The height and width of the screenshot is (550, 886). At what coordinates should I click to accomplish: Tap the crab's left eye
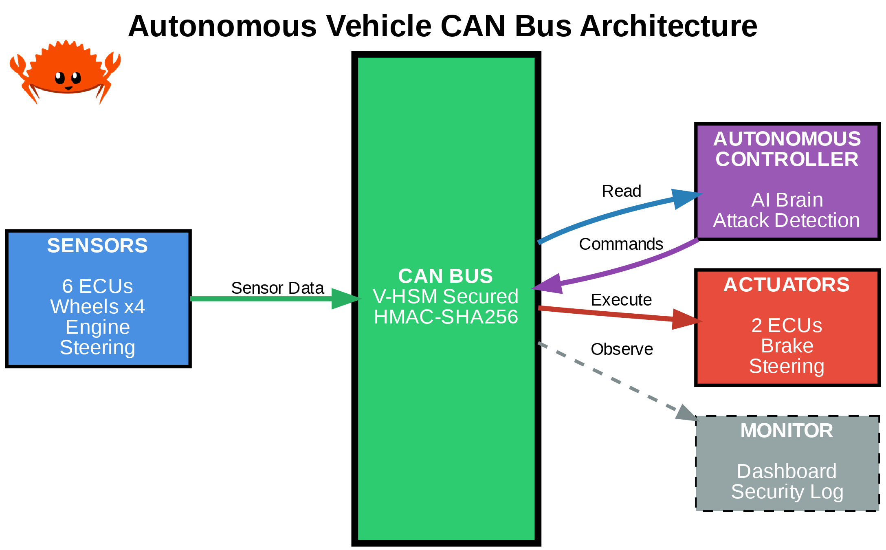[60, 77]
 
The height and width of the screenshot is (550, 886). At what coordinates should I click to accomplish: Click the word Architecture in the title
[668, 26]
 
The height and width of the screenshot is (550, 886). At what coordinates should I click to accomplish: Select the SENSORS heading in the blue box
[97, 246]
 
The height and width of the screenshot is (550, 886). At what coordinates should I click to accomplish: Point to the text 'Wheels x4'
[97, 306]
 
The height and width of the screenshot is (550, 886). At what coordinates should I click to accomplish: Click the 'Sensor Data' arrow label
[277, 288]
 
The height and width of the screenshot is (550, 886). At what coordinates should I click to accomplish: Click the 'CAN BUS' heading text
[446, 276]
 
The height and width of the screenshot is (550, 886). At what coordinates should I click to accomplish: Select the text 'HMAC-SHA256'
[446, 317]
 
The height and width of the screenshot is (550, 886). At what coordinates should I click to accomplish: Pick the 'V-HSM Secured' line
[446, 297]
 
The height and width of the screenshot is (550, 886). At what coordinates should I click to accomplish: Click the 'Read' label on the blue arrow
[622, 191]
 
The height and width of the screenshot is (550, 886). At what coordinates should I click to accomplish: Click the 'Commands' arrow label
[621, 244]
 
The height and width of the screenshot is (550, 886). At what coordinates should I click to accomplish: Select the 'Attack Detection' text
[786, 220]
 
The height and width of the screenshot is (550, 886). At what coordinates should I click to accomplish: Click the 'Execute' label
[621, 300]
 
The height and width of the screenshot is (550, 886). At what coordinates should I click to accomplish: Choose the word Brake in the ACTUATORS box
[787, 346]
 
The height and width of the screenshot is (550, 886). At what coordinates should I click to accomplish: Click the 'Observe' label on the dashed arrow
[622, 349]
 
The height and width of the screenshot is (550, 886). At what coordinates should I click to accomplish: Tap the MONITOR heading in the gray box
[787, 431]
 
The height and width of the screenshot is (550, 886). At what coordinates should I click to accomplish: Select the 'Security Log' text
[787, 492]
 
